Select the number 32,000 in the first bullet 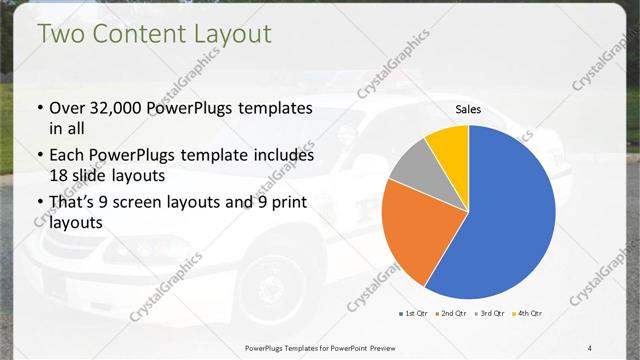click(122, 108)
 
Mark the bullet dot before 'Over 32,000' click(39, 109)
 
